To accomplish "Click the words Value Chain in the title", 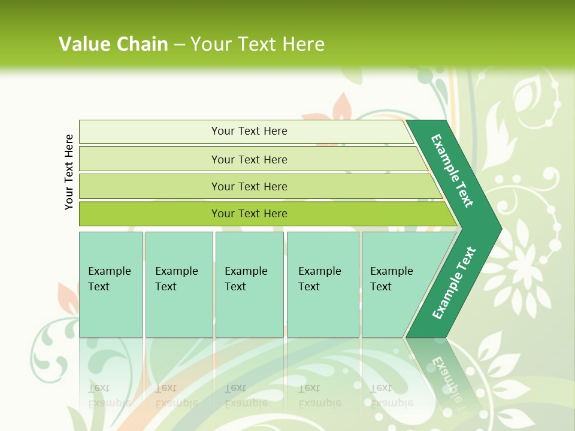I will [113, 44].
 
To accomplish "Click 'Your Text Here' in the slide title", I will [258, 44].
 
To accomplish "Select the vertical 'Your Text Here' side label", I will [69, 172].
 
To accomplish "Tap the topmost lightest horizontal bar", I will [249, 131].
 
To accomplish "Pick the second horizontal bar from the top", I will [249, 159].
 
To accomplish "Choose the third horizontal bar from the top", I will [249, 186].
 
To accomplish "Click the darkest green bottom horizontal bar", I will [249, 214].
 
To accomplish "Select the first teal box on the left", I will [111, 284].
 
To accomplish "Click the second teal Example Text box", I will [178, 284].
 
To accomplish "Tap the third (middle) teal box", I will [249, 284].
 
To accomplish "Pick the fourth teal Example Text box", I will [322, 284].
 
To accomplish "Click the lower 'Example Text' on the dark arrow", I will [454, 283].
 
